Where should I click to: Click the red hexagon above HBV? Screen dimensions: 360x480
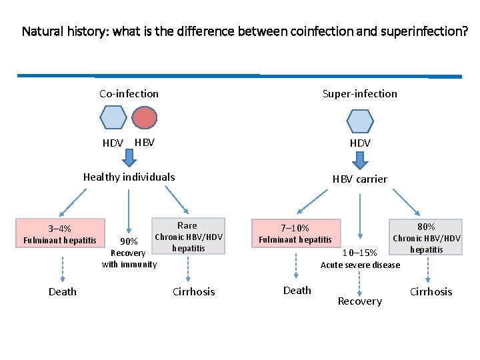click(x=145, y=118)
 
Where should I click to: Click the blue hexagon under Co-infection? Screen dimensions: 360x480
click(x=113, y=118)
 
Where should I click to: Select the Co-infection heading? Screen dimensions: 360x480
click(x=129, y=94)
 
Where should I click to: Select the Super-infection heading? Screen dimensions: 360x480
click(x=359, y=94)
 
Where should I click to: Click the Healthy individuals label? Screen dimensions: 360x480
click(x=129, y=177)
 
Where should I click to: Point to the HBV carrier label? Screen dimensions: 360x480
click(x=360, y=179)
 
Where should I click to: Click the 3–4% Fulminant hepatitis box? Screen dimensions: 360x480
click(x=61, y=234)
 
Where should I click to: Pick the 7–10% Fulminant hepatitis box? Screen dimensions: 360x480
click(x=295, y=234)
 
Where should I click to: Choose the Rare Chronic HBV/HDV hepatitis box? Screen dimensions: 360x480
click(x=189, y=237)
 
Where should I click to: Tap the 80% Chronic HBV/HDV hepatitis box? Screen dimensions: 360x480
click(x=427, y=237)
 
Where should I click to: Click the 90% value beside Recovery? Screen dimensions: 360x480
click(x=128, y=241)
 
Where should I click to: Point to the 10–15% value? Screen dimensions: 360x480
click(x=360, y=253)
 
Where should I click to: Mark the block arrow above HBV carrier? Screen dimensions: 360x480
click(x=360, y=161)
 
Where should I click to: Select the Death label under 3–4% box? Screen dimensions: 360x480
click(x=62, y=292)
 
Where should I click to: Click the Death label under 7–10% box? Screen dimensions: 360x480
click(x=297, y=291)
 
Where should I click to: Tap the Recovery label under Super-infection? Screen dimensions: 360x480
click(x=359, y=301)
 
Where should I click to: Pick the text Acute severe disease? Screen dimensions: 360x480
click(x=360, y=265)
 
